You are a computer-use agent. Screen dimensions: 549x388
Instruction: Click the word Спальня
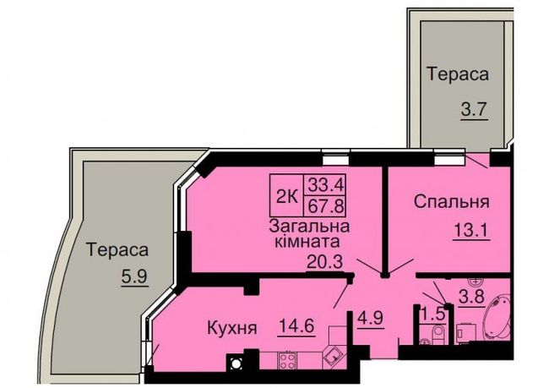click(x=451, y=202)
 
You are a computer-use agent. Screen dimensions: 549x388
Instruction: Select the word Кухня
click(x=232, y=329)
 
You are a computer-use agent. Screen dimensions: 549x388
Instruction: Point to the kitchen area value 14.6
click(x=296, y=326)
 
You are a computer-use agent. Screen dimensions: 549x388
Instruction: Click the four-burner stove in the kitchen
click(x=287, y=360)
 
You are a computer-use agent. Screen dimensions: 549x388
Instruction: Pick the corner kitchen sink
click(x=334, y=357)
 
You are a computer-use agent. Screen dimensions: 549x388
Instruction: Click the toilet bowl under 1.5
click(x=438, y=332)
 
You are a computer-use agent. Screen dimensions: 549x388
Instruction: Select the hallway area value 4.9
click(x=371, y=318)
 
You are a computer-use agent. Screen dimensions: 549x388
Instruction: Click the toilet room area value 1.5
click(x=433, y=313)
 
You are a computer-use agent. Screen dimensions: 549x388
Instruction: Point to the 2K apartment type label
click(x=287, y=198)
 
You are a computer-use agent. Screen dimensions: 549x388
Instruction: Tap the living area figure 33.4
click(x=325, y=185)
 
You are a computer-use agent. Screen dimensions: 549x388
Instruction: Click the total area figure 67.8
click(x=325, y=205)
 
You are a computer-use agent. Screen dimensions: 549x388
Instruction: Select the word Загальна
click(x=309, y=226)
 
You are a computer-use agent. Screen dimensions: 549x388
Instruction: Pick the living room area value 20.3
click(x=324, y=261)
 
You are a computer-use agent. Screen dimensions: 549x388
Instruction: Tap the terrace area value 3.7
click(x=474, y=110)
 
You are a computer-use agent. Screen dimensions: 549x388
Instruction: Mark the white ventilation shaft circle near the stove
click(x=236, y=363)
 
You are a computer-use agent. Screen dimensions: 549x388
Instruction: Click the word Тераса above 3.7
click(x=458, y=74)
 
